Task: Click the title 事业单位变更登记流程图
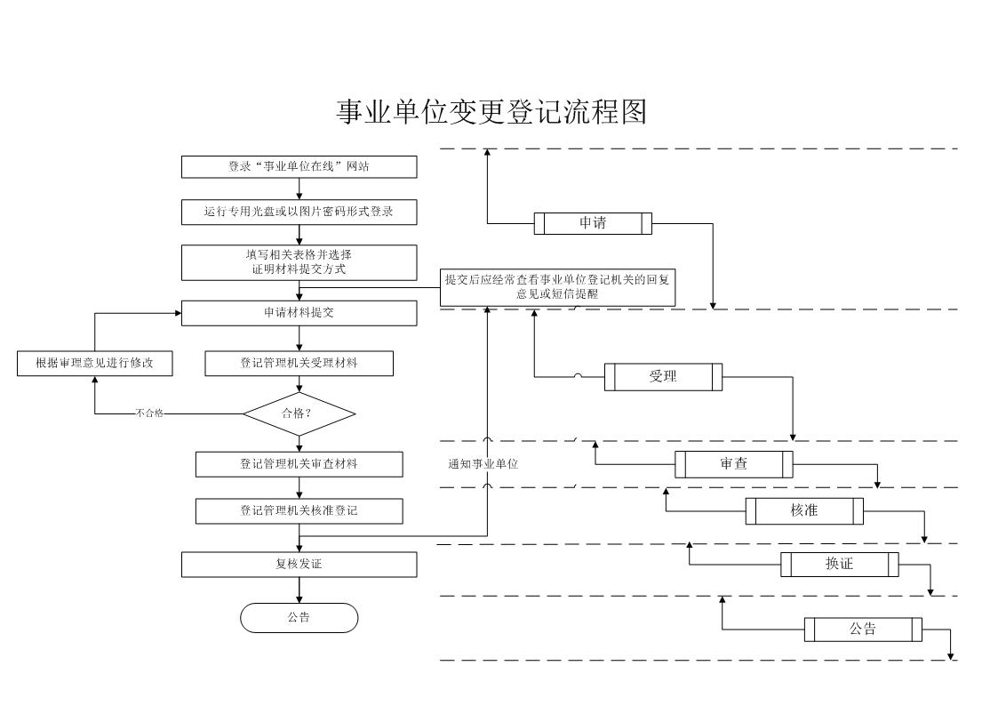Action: pos(491,112)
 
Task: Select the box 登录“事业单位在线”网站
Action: pos(299,167)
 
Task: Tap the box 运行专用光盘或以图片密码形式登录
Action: pos(299,212)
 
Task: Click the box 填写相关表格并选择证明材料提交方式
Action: pos(299,262)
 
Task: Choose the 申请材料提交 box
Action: pos(299,313)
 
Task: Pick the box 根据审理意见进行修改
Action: pos(95,363)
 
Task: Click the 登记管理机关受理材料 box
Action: pos(299,363)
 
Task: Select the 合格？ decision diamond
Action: pos(299,413)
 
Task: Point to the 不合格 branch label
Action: pos(149,413)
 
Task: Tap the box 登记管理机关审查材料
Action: pos(299,464)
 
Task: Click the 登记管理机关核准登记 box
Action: pos(299,511)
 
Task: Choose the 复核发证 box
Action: pos(299,565)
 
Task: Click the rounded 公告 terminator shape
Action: pos(299,617)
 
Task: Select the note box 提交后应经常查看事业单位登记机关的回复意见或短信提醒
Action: pos(557,287)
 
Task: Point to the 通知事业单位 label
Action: pos(483,464)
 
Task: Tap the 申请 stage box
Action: pos(593,223)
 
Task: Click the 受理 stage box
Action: pos(663,377)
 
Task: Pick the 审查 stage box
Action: pos(734,464)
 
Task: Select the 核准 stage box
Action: pos(804,511)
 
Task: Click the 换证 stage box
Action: pos(840,564)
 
